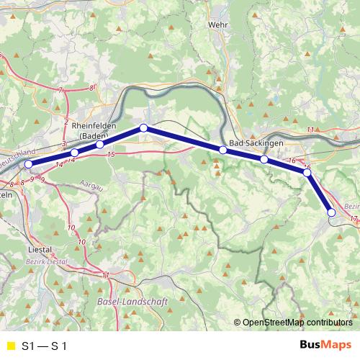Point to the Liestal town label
pos(35,250)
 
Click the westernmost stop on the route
pos(29,164)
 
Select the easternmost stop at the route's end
pos(331,212)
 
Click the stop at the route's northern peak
pos(143,127)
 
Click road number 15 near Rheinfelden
pos(110,154)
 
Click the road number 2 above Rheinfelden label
pos(66,122)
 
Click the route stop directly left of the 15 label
pos(99,145)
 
